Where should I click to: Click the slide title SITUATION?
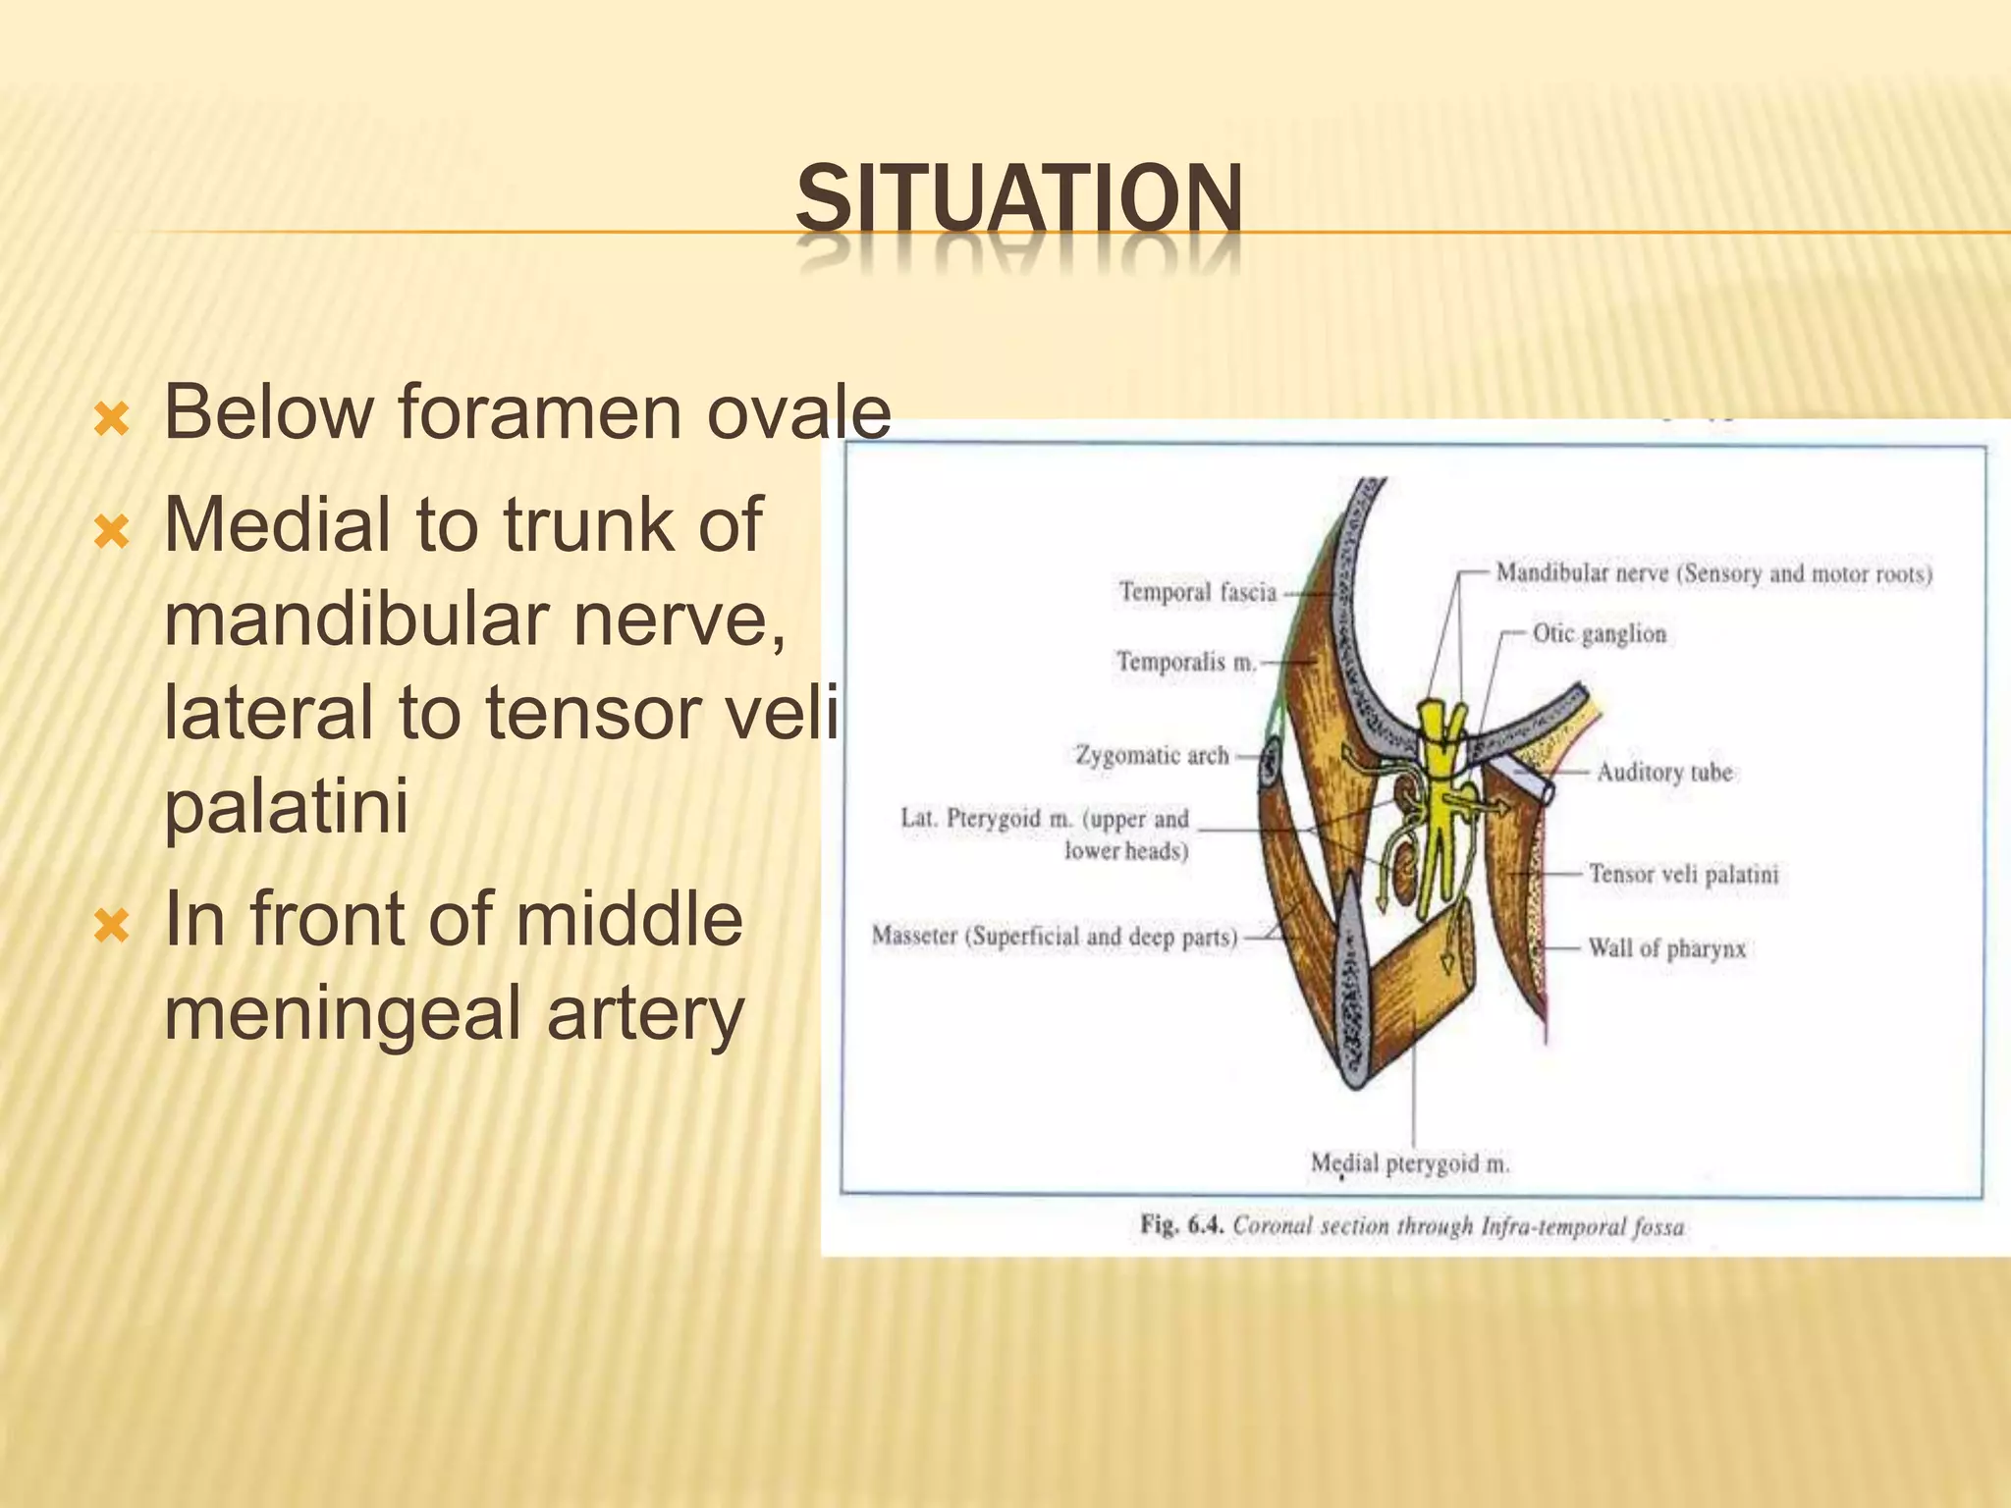pos(1018,201)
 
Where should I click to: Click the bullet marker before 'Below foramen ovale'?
pos(110,420)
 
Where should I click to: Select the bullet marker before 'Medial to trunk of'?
pos(110,533)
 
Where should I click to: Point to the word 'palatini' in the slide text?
pos(286,807)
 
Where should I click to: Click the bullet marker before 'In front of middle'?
pos(110,926)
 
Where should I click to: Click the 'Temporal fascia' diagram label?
pos(1198,592)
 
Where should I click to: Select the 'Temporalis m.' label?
pos(1186,662)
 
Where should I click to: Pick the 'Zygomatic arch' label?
pos(1152,755)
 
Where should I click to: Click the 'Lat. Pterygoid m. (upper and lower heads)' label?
pos(1045,834)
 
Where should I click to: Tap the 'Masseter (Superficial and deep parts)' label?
pos(1055,937)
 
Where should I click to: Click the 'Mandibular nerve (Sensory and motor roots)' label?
pos(1713,573)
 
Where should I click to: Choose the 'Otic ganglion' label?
pos(1600,633)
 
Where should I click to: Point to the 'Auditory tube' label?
pos(1663,773)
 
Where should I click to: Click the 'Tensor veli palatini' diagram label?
pos(1683,874)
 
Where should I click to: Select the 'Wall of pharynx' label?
pos(1666,948)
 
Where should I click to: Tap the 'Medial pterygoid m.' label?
pos(1410,1163)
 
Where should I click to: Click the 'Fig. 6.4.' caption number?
pos(1181,1225)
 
